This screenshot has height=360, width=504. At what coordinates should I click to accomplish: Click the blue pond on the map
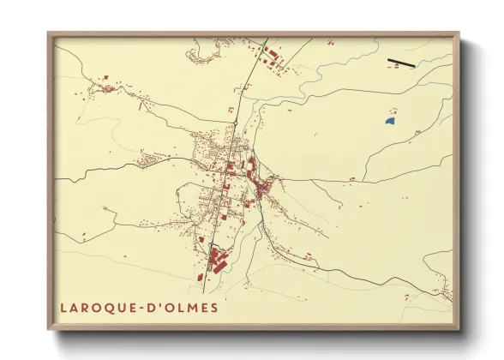tap(390, 123)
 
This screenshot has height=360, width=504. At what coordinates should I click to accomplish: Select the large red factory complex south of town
tap(214, 257)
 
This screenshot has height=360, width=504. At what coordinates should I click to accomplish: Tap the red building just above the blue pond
tap(391, 111)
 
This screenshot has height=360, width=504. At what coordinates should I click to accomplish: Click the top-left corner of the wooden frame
tap(50, 35)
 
